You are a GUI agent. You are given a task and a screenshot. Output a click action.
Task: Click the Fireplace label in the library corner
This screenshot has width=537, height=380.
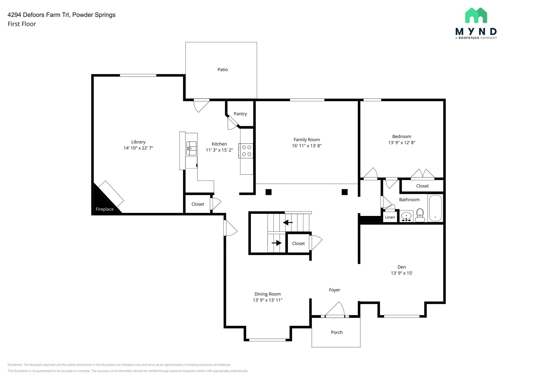(104, 209)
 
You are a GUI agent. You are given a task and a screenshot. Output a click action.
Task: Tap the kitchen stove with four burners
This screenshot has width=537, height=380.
(246, 151)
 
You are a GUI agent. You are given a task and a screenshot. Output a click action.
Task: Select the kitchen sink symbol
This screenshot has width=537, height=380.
(191, 149)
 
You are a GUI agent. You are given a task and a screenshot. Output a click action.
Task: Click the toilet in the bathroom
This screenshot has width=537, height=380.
(420, 215)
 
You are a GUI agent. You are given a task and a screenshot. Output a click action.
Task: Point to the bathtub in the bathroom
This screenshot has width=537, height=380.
(435, 208)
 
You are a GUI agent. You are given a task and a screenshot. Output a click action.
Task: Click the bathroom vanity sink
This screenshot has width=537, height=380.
(406, 217)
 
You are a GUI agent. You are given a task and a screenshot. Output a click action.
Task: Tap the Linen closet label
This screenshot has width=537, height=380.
(390, 217)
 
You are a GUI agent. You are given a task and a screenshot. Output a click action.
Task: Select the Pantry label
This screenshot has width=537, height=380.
(240, 114)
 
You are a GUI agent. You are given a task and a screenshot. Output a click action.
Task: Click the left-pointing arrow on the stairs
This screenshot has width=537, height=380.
(288, 223)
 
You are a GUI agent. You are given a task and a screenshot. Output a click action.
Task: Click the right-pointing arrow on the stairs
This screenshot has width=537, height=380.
(277, 243)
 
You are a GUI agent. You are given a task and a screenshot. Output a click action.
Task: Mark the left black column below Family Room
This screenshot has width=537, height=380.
(268, 192)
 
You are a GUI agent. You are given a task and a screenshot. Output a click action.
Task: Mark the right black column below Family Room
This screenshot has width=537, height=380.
(345, 192)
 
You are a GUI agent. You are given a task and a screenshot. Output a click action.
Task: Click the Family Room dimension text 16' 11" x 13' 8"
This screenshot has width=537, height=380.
(307, 146)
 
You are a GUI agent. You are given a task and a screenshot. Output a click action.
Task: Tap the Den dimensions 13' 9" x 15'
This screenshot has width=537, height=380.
(401, 273)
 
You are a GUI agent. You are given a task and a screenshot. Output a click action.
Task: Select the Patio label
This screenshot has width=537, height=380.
(223, 70)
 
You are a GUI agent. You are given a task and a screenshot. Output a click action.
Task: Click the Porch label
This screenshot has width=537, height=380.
(337, 332)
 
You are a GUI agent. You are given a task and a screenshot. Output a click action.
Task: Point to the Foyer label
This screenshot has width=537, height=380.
(334, 290)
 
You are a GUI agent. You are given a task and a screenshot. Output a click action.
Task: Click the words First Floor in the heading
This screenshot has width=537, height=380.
(22, 24)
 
